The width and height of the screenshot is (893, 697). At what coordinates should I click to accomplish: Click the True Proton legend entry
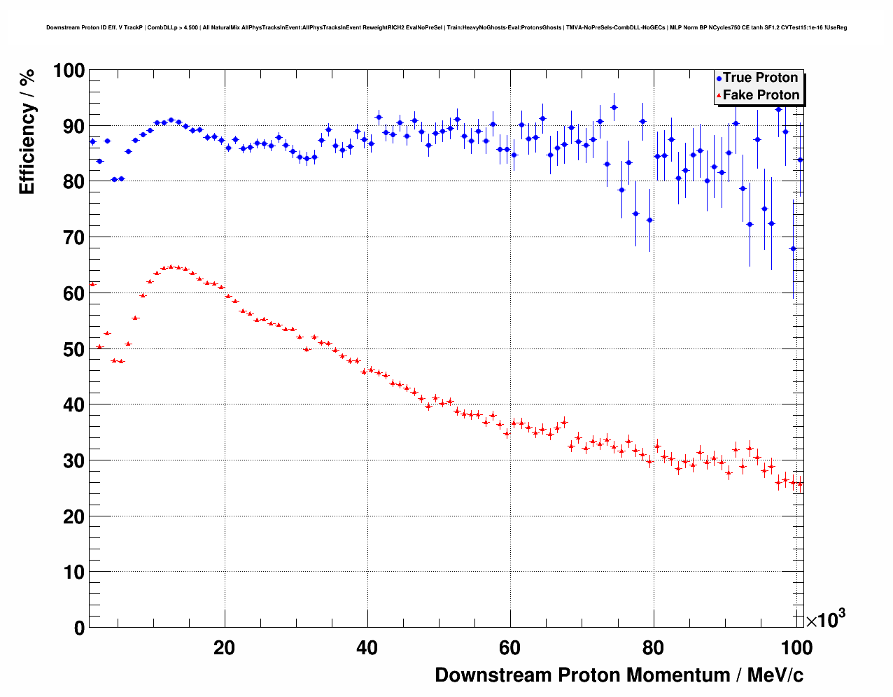pos(760,78)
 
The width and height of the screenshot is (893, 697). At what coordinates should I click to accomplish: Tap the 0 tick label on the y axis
pos(78,628)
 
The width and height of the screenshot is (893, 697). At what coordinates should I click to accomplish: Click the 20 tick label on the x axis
pos(225,648)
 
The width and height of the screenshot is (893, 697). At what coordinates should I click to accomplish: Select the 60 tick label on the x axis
pos(510,648)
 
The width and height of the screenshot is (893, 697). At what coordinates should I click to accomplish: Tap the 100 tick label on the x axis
pos(796,648)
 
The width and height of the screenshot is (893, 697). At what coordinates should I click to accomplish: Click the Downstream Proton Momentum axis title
pos(619,675)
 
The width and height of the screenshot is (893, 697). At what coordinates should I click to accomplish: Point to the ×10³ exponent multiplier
pos(825,619)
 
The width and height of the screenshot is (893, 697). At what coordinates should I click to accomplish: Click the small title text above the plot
pos(446,28)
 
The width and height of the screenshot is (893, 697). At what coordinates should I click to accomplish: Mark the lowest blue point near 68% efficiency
pos(793,248)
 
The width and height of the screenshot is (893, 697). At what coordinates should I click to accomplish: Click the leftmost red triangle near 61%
pos(92,284)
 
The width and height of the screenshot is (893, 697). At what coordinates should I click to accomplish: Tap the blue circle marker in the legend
pos(719,78)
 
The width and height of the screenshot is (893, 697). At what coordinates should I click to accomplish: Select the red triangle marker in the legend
pos(719,96)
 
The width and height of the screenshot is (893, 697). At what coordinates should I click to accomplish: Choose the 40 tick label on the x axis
pos(367,648)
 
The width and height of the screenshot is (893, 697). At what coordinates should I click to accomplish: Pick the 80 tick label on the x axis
pos(653,648)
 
